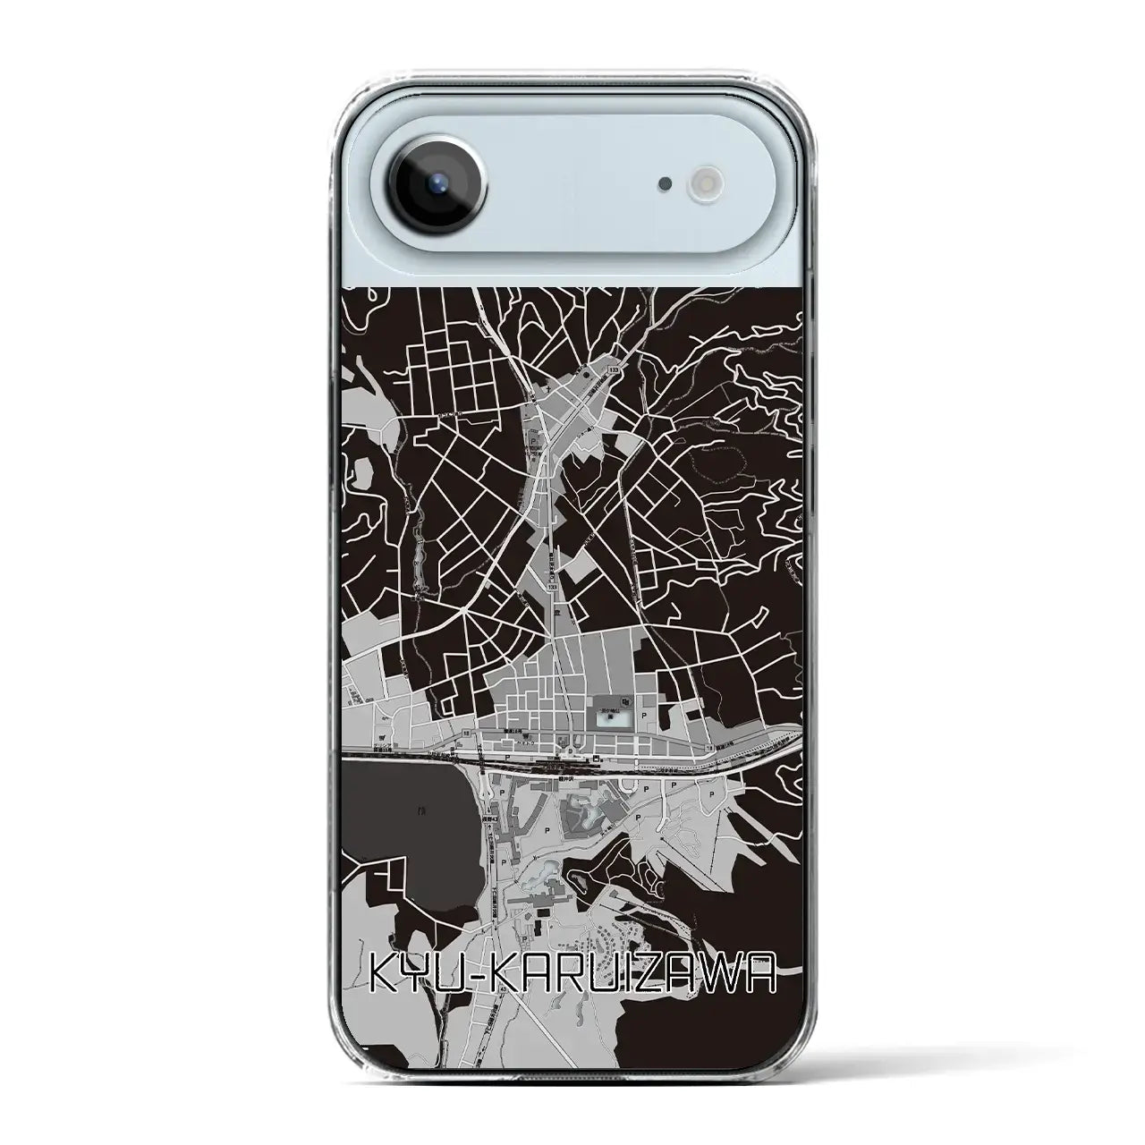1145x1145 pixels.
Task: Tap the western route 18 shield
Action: click(467, 733)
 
